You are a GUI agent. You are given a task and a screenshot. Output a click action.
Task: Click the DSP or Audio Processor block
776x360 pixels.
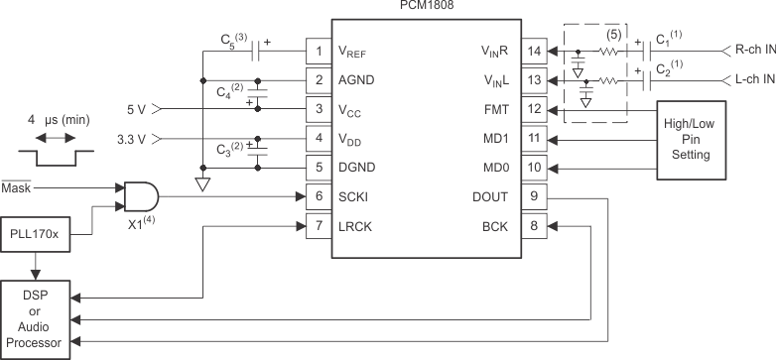[38, 318]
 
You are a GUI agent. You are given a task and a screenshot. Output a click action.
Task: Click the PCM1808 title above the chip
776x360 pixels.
[429, 7]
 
